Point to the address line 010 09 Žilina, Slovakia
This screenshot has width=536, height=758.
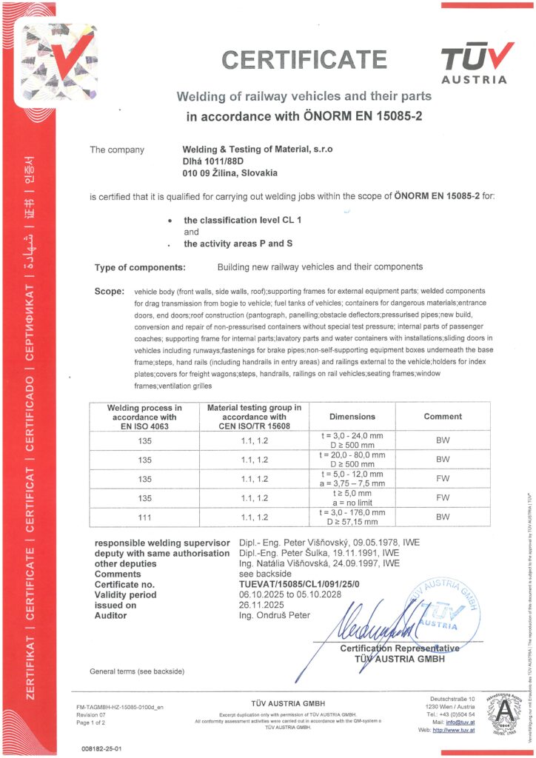(x=230, y=172)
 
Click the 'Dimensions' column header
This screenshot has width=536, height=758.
(x=352, y=417)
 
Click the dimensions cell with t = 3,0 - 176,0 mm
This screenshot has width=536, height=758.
(x=352, y=517)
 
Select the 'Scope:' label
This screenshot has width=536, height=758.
(x=110, y=292)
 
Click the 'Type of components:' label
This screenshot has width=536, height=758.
(x=140, y=266)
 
